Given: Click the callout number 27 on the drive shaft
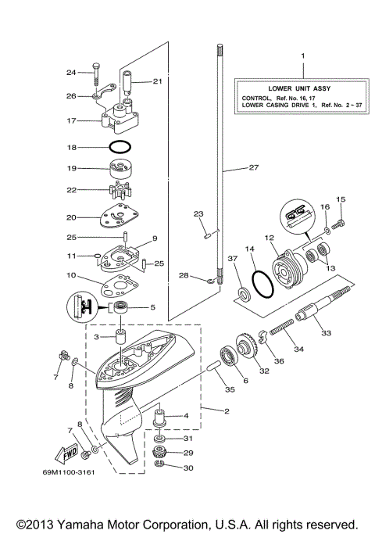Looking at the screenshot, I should (x=252, y=167).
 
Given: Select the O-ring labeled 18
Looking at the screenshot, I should (x=120, y=147).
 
